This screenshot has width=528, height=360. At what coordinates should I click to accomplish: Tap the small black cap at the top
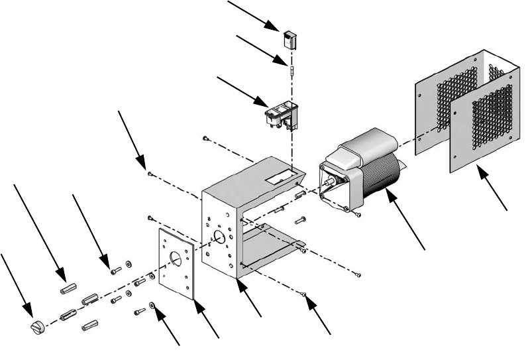pyautogui.click(x=291, y=39)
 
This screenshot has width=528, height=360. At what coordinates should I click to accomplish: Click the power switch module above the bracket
pyautogui.click(x=282, y=115)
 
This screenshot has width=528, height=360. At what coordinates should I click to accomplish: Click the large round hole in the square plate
pyautogui.click(x=176, y=259)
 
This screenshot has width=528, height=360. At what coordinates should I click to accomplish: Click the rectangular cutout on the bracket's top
pyautogui.click(x=276, y=178)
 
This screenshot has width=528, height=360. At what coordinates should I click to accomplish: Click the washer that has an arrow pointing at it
pyautogui.click(x=153, y=306)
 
